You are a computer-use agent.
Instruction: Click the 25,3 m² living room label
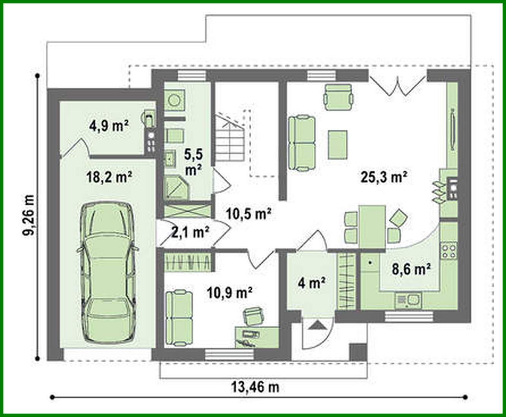pos(383,177)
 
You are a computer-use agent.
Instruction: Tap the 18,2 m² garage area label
pos(108,177)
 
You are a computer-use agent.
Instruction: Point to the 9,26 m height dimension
pos(29,216)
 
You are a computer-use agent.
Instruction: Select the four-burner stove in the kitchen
pos(449,250)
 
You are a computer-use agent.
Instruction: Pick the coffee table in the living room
pos(338,145)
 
